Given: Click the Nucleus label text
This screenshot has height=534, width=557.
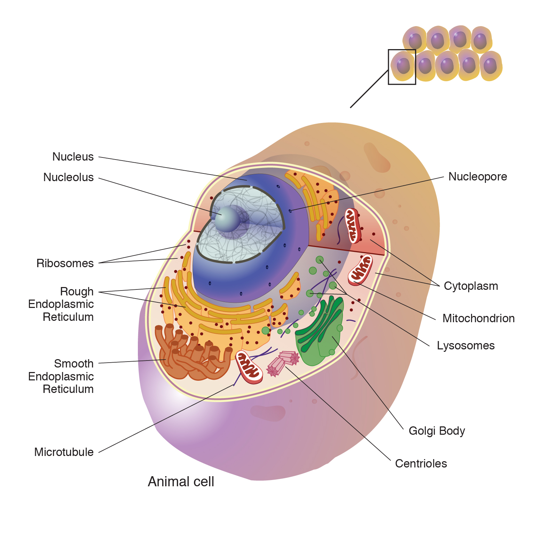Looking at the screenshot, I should (73, 157).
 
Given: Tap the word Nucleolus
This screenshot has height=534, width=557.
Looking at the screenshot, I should (68, 177).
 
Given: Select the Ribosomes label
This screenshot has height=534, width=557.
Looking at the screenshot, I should (65, 263).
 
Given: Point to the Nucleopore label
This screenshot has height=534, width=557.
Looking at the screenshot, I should (477, 177).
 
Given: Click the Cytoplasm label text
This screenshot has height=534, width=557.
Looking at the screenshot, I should (471, 286).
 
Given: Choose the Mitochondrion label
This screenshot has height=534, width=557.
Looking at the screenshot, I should (478, 318).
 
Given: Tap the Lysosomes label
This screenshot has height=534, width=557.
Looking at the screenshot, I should (465, 346).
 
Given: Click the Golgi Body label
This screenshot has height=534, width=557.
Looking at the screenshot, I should (437, 431).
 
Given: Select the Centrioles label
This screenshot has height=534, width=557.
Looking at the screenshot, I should (421, 464).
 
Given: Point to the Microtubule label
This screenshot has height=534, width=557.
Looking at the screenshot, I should (64, 452).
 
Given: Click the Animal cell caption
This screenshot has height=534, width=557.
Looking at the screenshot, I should (181, 482).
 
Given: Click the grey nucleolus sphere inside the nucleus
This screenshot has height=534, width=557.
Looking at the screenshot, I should (227, 219).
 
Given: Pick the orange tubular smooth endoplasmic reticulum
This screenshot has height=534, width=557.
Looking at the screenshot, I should (191, 355).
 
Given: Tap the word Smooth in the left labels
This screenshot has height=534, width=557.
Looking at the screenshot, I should (74, 364).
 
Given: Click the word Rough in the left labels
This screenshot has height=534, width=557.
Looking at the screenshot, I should (77, 292).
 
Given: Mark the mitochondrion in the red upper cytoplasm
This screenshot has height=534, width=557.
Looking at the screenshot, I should (352, 226).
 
